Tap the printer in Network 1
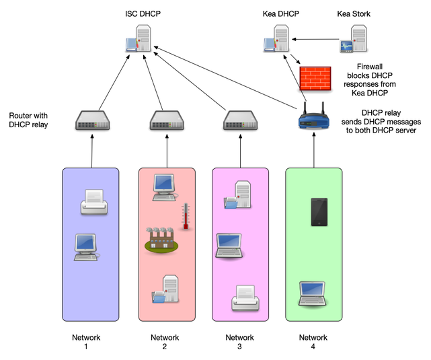(x=93, y=202)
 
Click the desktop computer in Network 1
(x=87, y=248)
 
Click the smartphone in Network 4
(x=319, y=212)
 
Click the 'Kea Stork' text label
(x=354, y=13)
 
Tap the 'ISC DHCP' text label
(x=143, y=13)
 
